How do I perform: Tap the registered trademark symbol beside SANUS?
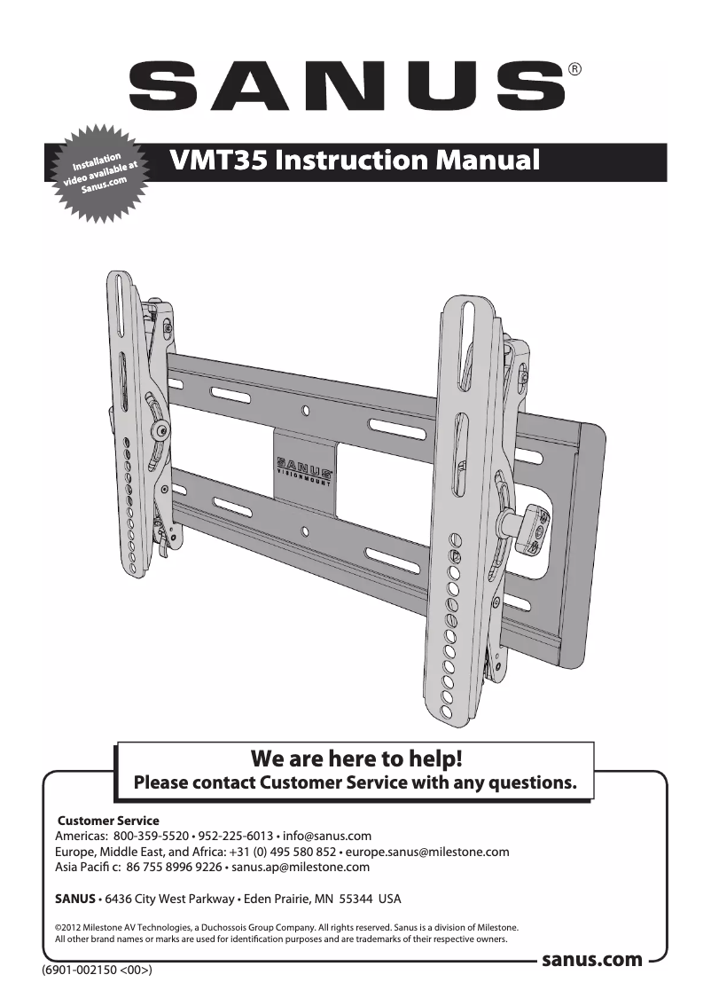[574, 69]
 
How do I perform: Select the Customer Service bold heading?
[108, 821]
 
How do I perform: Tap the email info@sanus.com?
[326, 837]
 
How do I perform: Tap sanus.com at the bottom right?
[591, 959]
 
